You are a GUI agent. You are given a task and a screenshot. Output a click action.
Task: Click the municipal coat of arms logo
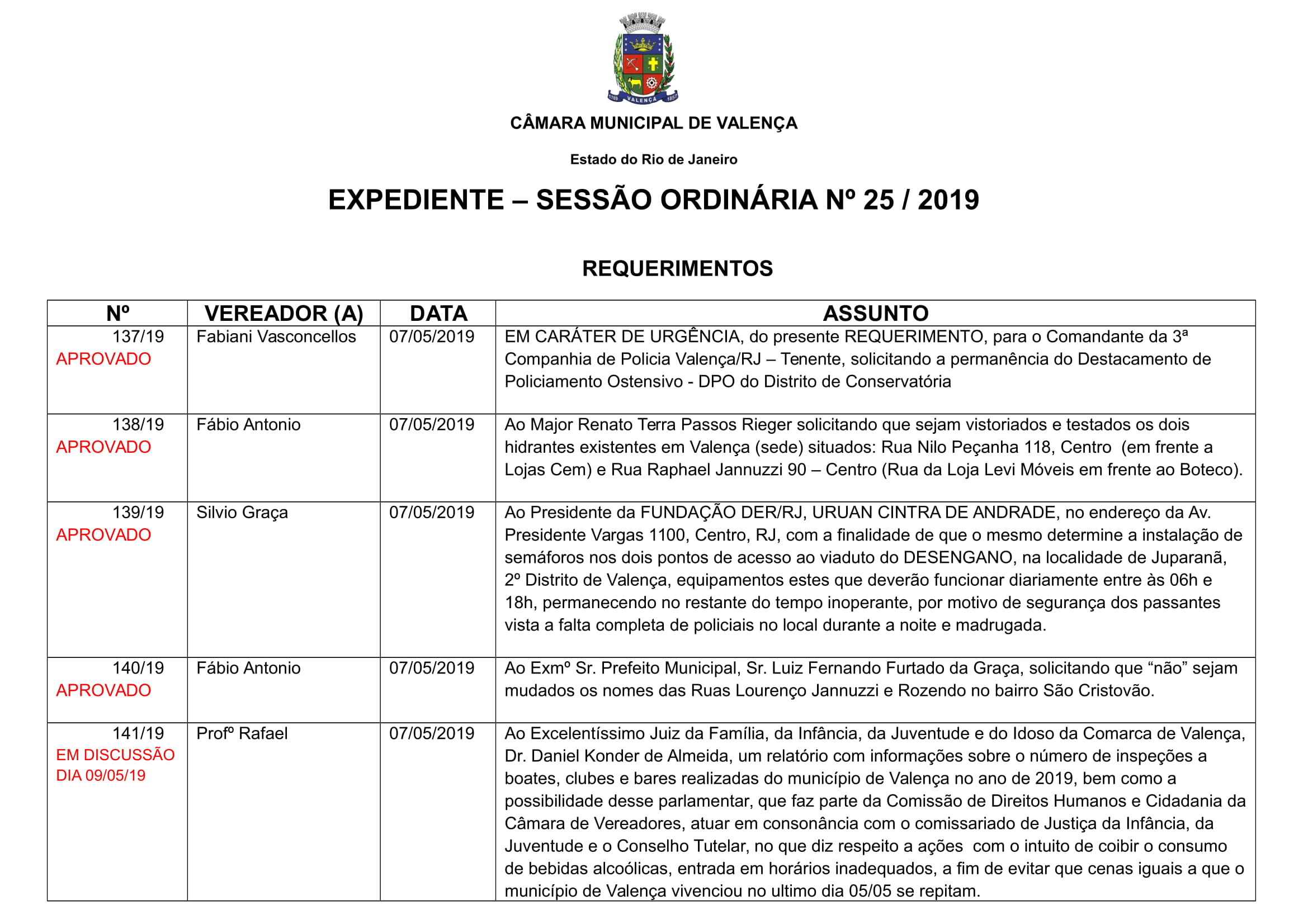[x=643, y=58]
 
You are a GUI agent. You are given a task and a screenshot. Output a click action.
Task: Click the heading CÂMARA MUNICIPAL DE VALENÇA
[x=653, y=123]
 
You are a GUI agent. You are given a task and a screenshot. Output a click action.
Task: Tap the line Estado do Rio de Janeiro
[x=653, y=159]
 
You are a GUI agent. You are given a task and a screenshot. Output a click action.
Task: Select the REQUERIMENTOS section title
[x=677, y=268]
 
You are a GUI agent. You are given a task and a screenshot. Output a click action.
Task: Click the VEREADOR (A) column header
[x=284, y=313]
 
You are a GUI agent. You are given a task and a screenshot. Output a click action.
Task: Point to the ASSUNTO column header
[x=875, y=313]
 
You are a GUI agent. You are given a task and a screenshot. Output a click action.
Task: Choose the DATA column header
[x=438, y=313]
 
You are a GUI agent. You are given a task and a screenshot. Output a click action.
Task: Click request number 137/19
[x=138, y=337]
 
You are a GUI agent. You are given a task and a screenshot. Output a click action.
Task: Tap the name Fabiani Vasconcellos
[x=276, y=337]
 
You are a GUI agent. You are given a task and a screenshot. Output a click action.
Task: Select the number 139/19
[x=138, y=513]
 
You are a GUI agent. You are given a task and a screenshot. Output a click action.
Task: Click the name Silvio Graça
[x=242, y=513]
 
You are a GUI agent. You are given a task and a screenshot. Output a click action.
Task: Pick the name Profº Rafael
[x=242, y=733]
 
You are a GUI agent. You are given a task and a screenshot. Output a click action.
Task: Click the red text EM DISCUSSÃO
[x=115, y=755]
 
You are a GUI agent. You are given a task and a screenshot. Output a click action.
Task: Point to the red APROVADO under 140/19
[x=103, y=690]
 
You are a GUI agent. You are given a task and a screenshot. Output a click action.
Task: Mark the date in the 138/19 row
[x=431, y=425]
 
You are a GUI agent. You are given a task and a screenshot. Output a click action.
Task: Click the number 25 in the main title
[x=878, y=200]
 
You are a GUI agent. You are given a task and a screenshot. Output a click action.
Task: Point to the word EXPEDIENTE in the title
[x=416, y=200]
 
